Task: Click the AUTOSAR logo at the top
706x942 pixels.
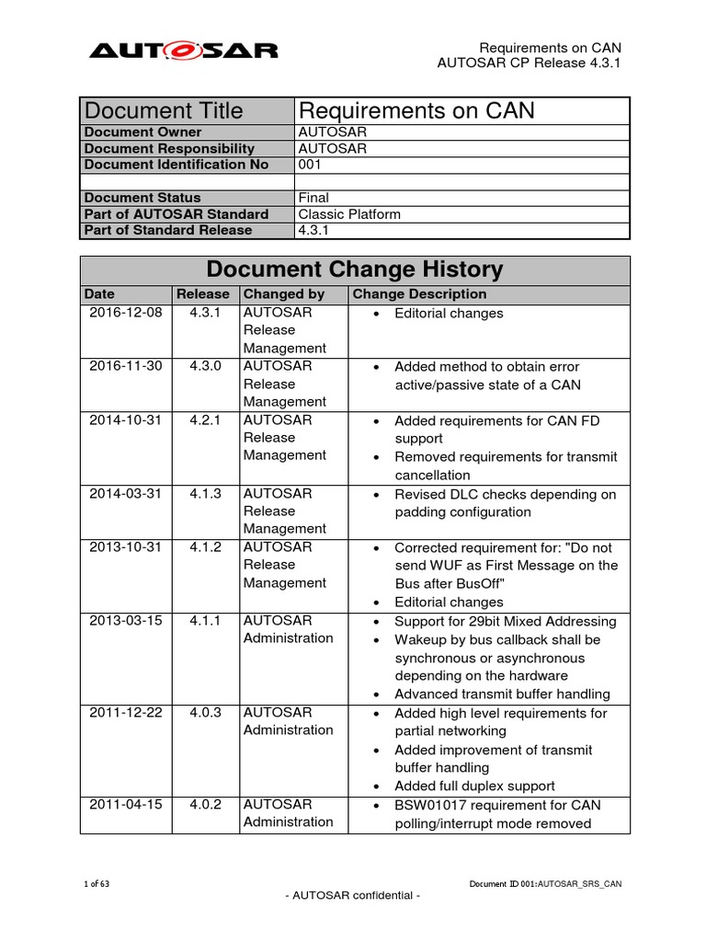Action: click(183, 50)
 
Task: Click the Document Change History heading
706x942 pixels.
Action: click(355, 270)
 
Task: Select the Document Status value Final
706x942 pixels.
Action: click(314, 197)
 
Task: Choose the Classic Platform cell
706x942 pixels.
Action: click(350, 213)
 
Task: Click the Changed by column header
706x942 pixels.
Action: click(284, 294)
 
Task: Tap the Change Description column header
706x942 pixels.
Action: click(420, 294)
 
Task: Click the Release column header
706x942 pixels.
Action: click(204, 294)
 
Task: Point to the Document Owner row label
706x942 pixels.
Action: click(142, 132)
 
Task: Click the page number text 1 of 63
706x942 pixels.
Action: click(97, 884)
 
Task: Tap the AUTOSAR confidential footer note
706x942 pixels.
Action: click(353, 895)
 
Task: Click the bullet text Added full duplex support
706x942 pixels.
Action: click(474, 786)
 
